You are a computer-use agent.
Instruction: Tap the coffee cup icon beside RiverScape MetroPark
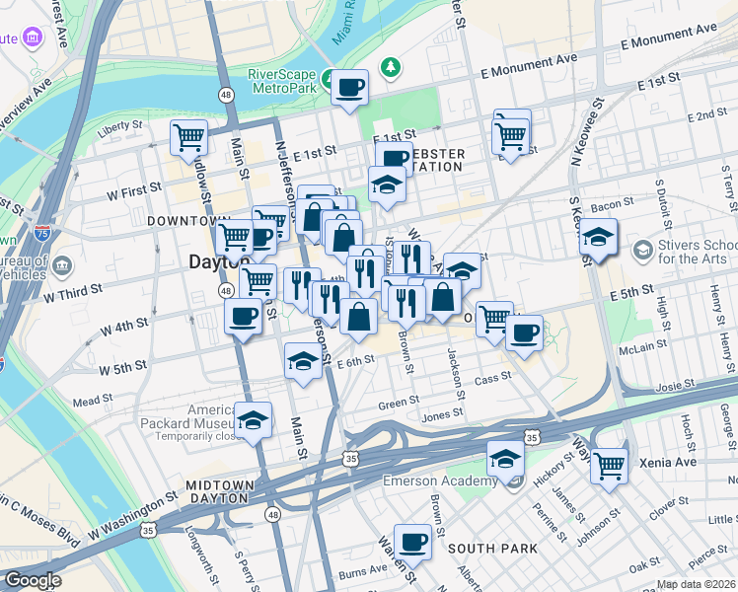pos(349,89)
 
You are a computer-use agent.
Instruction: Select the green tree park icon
pos(393,66)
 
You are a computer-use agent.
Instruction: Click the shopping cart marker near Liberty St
pos(187,138)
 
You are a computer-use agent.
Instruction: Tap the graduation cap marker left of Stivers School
pos(598,238)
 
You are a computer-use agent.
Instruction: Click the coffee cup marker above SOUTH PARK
pos(412,542)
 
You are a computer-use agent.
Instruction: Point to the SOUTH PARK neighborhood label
pos(492,548)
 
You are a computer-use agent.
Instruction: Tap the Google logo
pos(33,580)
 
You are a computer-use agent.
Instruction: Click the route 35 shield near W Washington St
pos(148,530)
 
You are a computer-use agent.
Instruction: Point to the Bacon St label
pos(612,204)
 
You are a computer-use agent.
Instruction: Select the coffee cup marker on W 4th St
pos(243,317)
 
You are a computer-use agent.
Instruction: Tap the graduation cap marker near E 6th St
pos(302,361)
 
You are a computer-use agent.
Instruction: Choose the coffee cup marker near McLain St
pos(525,333)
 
